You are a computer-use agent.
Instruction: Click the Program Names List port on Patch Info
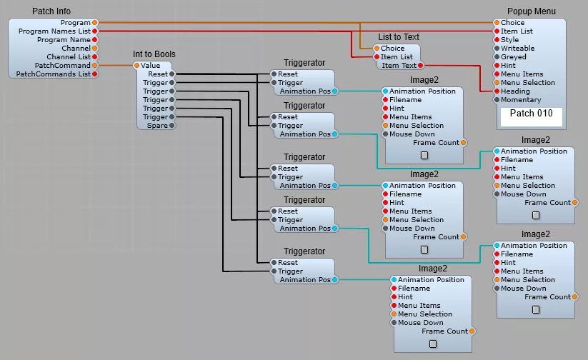95,31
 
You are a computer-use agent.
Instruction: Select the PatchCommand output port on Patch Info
95,66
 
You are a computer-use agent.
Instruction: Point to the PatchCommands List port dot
95,74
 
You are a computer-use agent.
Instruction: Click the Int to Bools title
154,54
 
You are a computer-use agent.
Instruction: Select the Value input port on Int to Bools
136,66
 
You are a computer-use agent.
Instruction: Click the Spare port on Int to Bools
172,126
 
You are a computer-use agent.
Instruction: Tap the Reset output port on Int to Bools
172,74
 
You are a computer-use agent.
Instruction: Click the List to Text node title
399,37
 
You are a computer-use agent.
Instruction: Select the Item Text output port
420,66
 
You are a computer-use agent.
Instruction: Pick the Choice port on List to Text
377,49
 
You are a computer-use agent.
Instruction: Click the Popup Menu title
531,11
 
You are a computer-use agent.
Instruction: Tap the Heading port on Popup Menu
497,91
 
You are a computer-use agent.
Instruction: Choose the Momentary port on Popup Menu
497,100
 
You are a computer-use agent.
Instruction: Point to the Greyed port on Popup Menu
497,57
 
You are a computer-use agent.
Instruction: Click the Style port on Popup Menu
497,40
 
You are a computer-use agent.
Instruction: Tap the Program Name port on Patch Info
95,40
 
